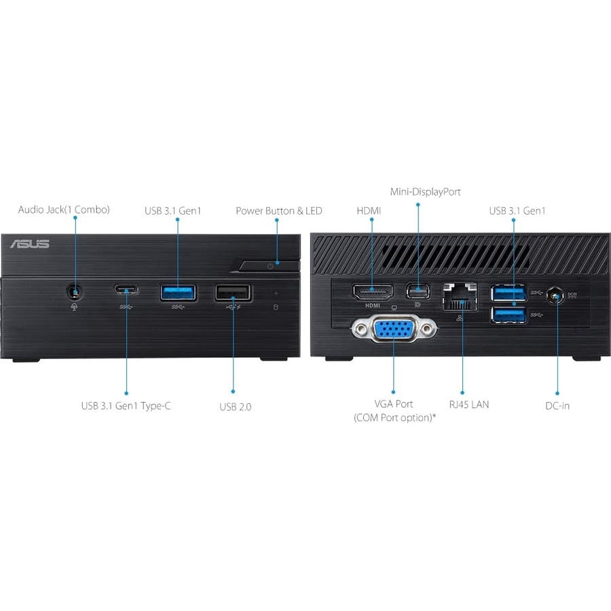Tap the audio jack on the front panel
75,292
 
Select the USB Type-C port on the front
126,291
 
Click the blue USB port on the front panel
179,292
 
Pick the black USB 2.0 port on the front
232,293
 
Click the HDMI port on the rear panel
372,292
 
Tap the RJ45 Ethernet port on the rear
460,297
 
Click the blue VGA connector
394,332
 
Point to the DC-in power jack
557,297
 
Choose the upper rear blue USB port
509,293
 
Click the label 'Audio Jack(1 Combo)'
64,210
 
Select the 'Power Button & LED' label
278,210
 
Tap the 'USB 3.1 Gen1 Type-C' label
126,406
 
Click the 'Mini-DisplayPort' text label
425,192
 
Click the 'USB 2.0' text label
235,407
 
